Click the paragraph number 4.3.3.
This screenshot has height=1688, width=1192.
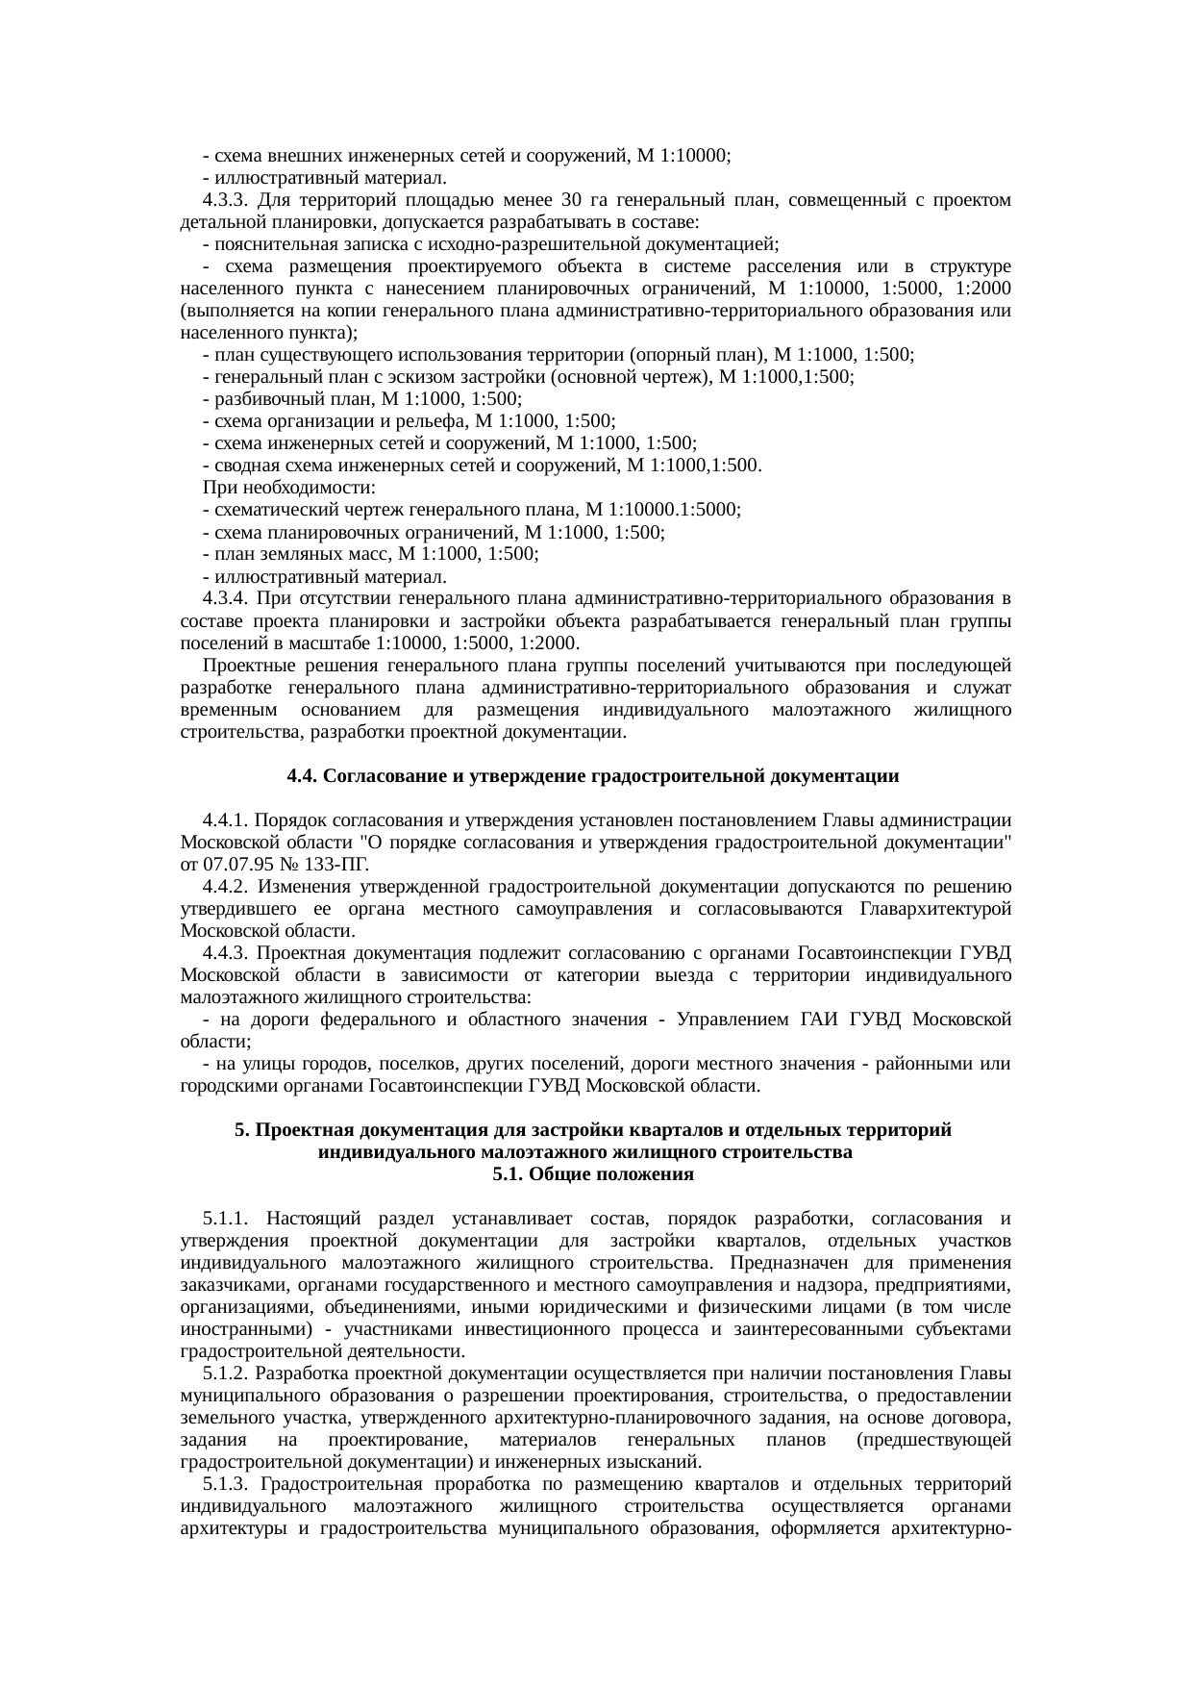click(x=227, y=200)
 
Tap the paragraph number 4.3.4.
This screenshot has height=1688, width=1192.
click(x=227, y=599)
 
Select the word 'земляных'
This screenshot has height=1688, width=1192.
click(x=303, y=554)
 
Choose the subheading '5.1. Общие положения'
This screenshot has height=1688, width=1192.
click(x=593, y=1175)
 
